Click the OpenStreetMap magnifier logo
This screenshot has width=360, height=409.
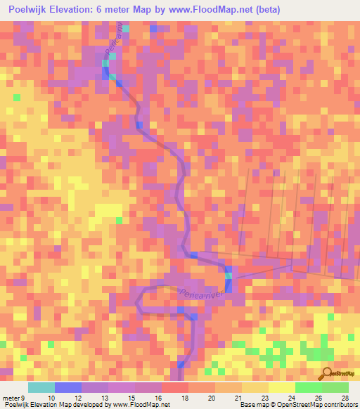[328, 373]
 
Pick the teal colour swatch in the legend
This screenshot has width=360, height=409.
[41, 387]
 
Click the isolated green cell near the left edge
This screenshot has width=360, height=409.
[17, 97]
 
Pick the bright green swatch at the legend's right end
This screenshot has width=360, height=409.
[335, 387]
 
